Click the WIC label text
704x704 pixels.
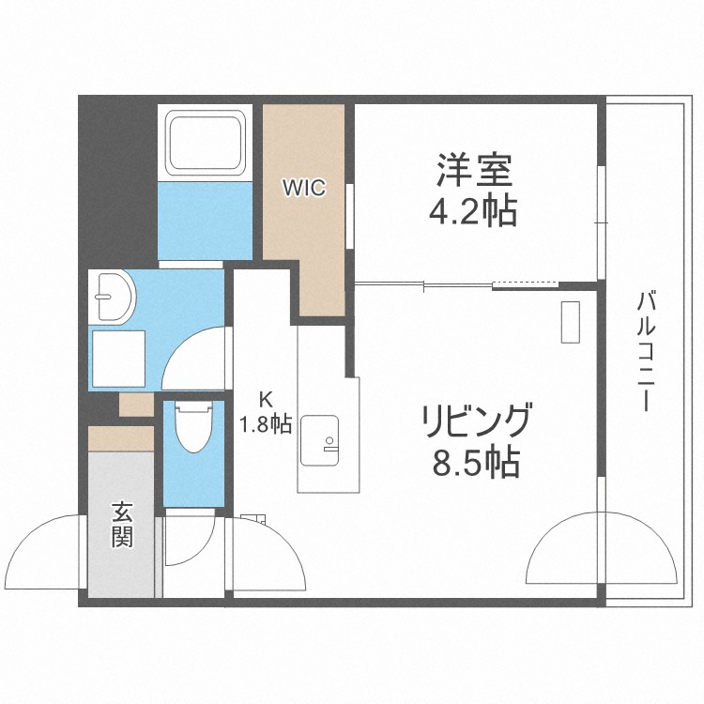pyautogui.click(x=304, y=188)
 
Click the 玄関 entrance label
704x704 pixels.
pyautogui.click(x=122, y=525)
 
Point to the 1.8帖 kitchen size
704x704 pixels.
pyautogui.click(x=266, y=424)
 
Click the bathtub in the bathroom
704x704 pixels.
pyautogui.click(x=204, y=143)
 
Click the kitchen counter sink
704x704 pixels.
pyautogui.click(x=326, y=436)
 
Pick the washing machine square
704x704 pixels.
pyautogui.click(x=118, y=359)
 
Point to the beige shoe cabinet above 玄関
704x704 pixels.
pyautogui.click(x=120, y=437)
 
